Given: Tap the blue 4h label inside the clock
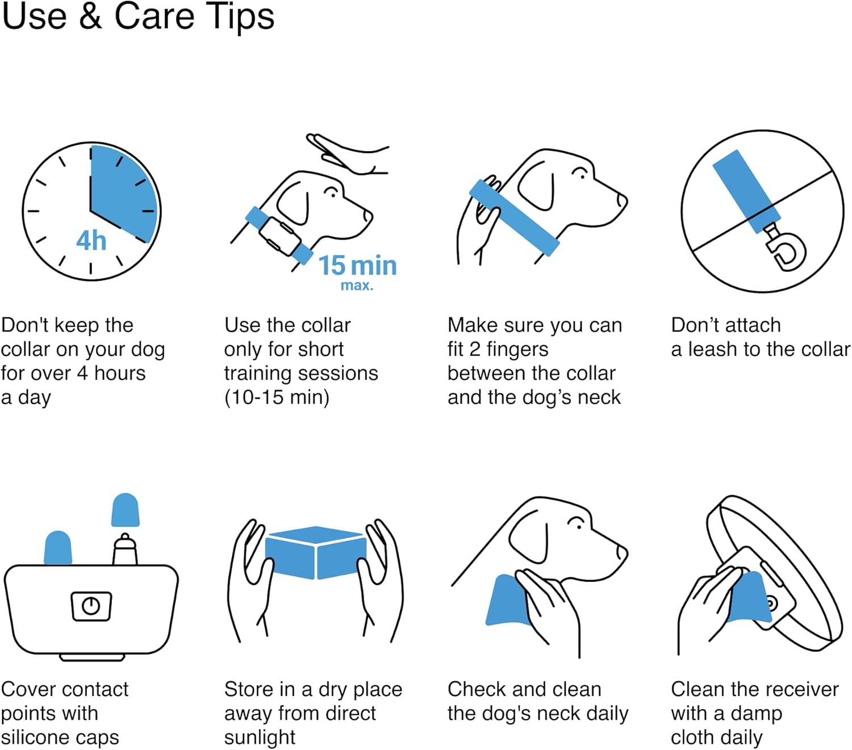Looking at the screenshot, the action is (91, 241).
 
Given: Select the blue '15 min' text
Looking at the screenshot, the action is (358, 265).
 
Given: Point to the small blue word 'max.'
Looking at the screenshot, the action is (357, 286).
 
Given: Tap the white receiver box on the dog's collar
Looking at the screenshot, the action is (279, 236).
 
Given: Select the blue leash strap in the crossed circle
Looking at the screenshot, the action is (746, 191).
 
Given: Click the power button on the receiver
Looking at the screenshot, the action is (91, 606).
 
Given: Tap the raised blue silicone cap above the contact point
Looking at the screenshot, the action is (126, 510).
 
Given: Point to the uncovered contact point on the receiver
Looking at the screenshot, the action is (125, 548).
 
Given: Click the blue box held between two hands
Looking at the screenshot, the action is (315, 552).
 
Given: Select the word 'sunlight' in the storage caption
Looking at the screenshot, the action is (260, 738).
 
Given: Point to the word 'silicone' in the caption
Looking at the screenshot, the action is (36, 738).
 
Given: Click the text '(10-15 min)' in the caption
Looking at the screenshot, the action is (277, 397).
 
